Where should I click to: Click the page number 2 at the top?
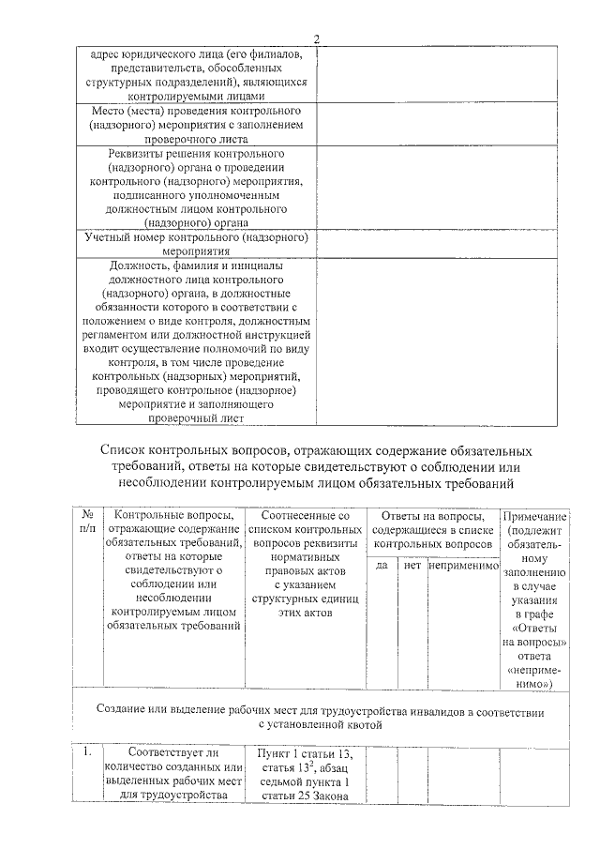point(316,39)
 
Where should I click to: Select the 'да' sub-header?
point(382,566)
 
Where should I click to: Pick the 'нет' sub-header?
point(410,566)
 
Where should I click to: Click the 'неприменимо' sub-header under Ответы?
point(462,566)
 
